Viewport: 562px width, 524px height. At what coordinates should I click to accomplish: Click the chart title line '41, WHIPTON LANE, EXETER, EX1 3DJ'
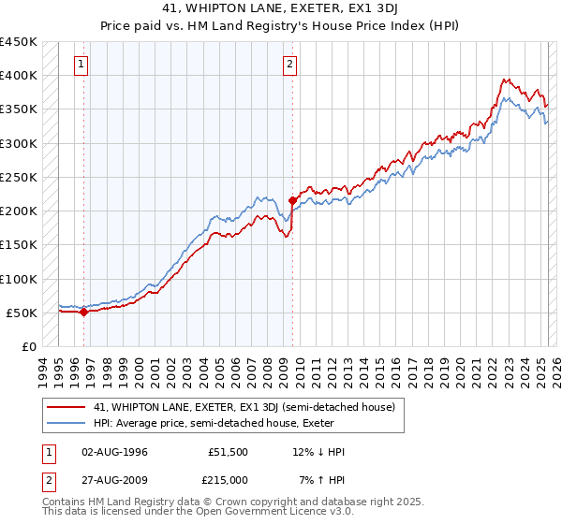280,10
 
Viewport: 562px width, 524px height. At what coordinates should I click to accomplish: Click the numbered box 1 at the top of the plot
82,65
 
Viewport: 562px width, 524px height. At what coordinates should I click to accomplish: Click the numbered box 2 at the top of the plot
290,65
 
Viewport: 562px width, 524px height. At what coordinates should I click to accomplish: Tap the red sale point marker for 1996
83,313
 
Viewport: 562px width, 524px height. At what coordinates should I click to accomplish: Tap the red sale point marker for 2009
292,200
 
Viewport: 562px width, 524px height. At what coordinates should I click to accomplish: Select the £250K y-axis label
18,177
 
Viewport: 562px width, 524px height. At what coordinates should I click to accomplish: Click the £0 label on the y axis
29,346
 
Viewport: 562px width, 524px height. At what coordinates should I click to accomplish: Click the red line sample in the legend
67,407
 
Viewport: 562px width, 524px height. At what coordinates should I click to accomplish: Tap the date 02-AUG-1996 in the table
115,452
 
